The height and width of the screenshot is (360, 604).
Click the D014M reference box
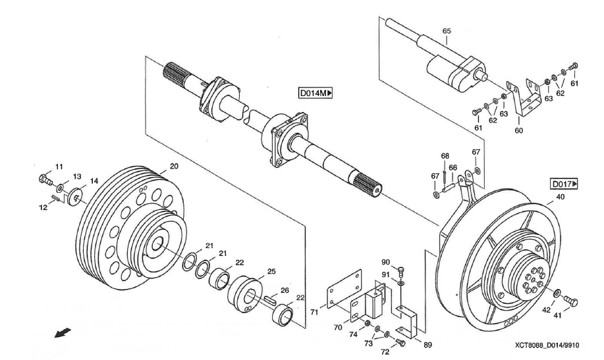pos(315,93)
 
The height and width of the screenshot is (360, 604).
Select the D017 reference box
pos(564,184)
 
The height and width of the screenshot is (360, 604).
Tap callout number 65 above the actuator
pos(447,31)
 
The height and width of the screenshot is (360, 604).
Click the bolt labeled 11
pos(45,179)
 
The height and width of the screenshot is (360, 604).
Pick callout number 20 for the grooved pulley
pos(174,167)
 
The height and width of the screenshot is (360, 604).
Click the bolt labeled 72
pos(400,342)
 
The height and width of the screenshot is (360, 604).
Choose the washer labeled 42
pos(557,294)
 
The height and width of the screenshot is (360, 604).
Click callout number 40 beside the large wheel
pos(561,197)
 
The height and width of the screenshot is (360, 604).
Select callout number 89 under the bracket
pos(427,345)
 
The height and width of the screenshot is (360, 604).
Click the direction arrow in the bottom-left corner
pos(63,332)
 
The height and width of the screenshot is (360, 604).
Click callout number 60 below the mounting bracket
pos(519,130)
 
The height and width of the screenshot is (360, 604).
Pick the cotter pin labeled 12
pos(56,199)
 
